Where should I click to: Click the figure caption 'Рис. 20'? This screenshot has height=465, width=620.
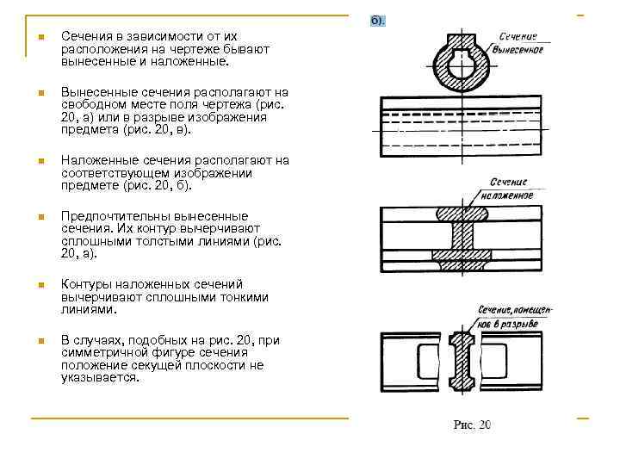(473, 425)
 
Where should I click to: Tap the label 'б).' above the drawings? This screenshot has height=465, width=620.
(377, 19)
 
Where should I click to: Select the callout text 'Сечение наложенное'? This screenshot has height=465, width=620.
(511, 189)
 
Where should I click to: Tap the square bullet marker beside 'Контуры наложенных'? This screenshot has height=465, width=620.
(40, 285)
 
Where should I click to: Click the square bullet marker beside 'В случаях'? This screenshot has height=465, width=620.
(40, 341)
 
